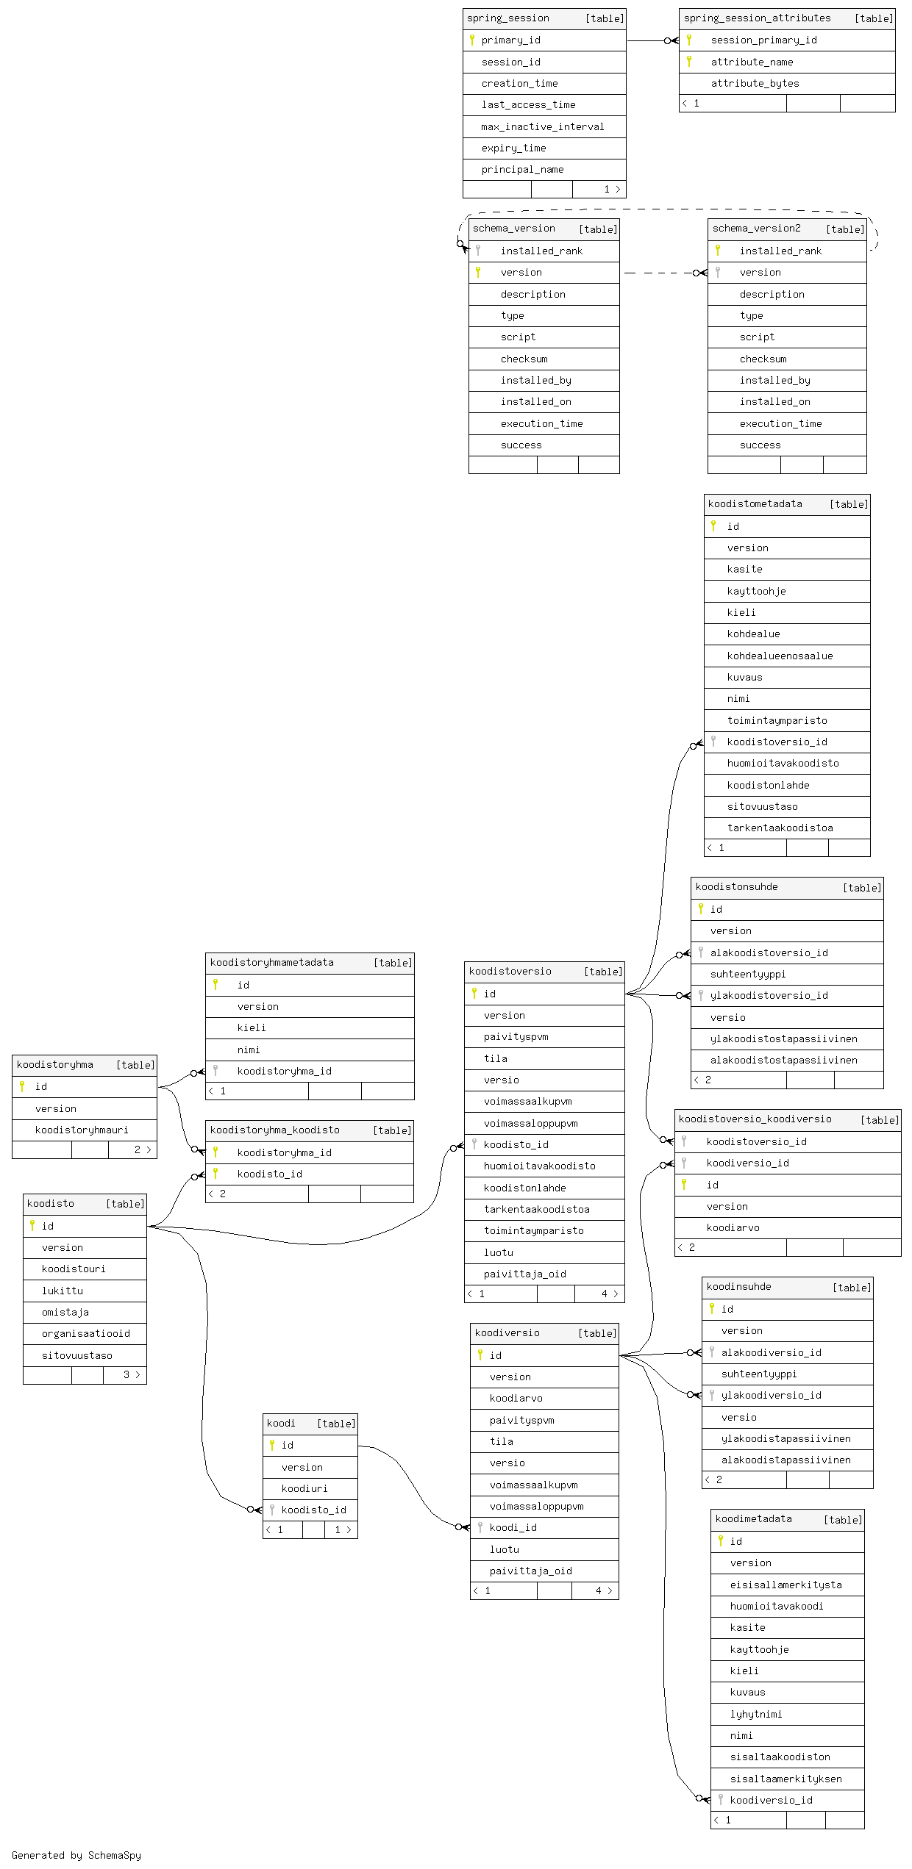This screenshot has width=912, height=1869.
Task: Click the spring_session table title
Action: (508, 18)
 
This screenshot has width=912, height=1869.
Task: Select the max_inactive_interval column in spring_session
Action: (543, 127)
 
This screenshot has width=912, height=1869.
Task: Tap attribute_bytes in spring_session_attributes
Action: (755, 84)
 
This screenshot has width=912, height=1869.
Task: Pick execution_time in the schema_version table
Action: (541, 424)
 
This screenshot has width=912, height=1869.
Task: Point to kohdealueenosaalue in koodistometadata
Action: (780, 656)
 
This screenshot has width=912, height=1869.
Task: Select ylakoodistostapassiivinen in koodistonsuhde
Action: (784, 1039)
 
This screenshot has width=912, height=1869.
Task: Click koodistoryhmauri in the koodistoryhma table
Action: (82, 1130)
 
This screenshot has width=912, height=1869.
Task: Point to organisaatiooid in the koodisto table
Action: (86, 1334)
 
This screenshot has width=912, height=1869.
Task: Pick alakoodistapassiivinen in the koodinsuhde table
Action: (786, 1460)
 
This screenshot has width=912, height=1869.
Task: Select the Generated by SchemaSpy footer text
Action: (76, 1855)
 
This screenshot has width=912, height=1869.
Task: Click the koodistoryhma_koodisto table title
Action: (275, 1130)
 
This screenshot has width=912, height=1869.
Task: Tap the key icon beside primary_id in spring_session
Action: (472, 40)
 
